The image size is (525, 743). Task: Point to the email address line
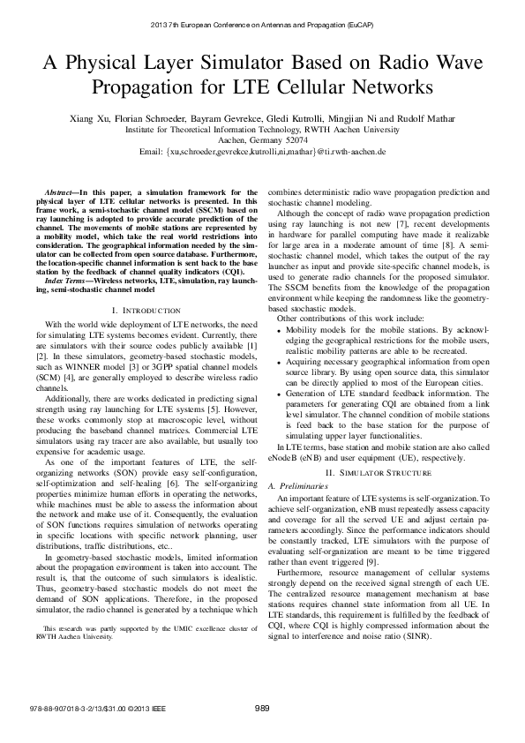tap(263, 152)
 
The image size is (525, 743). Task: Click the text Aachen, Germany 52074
tap(263, 139)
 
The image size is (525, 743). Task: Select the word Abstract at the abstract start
tap(60, 191)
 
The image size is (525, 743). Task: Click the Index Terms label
tap(68, 280)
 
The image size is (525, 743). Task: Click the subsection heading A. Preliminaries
tap(299, 486)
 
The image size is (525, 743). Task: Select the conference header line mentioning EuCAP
tap(262, 23)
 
